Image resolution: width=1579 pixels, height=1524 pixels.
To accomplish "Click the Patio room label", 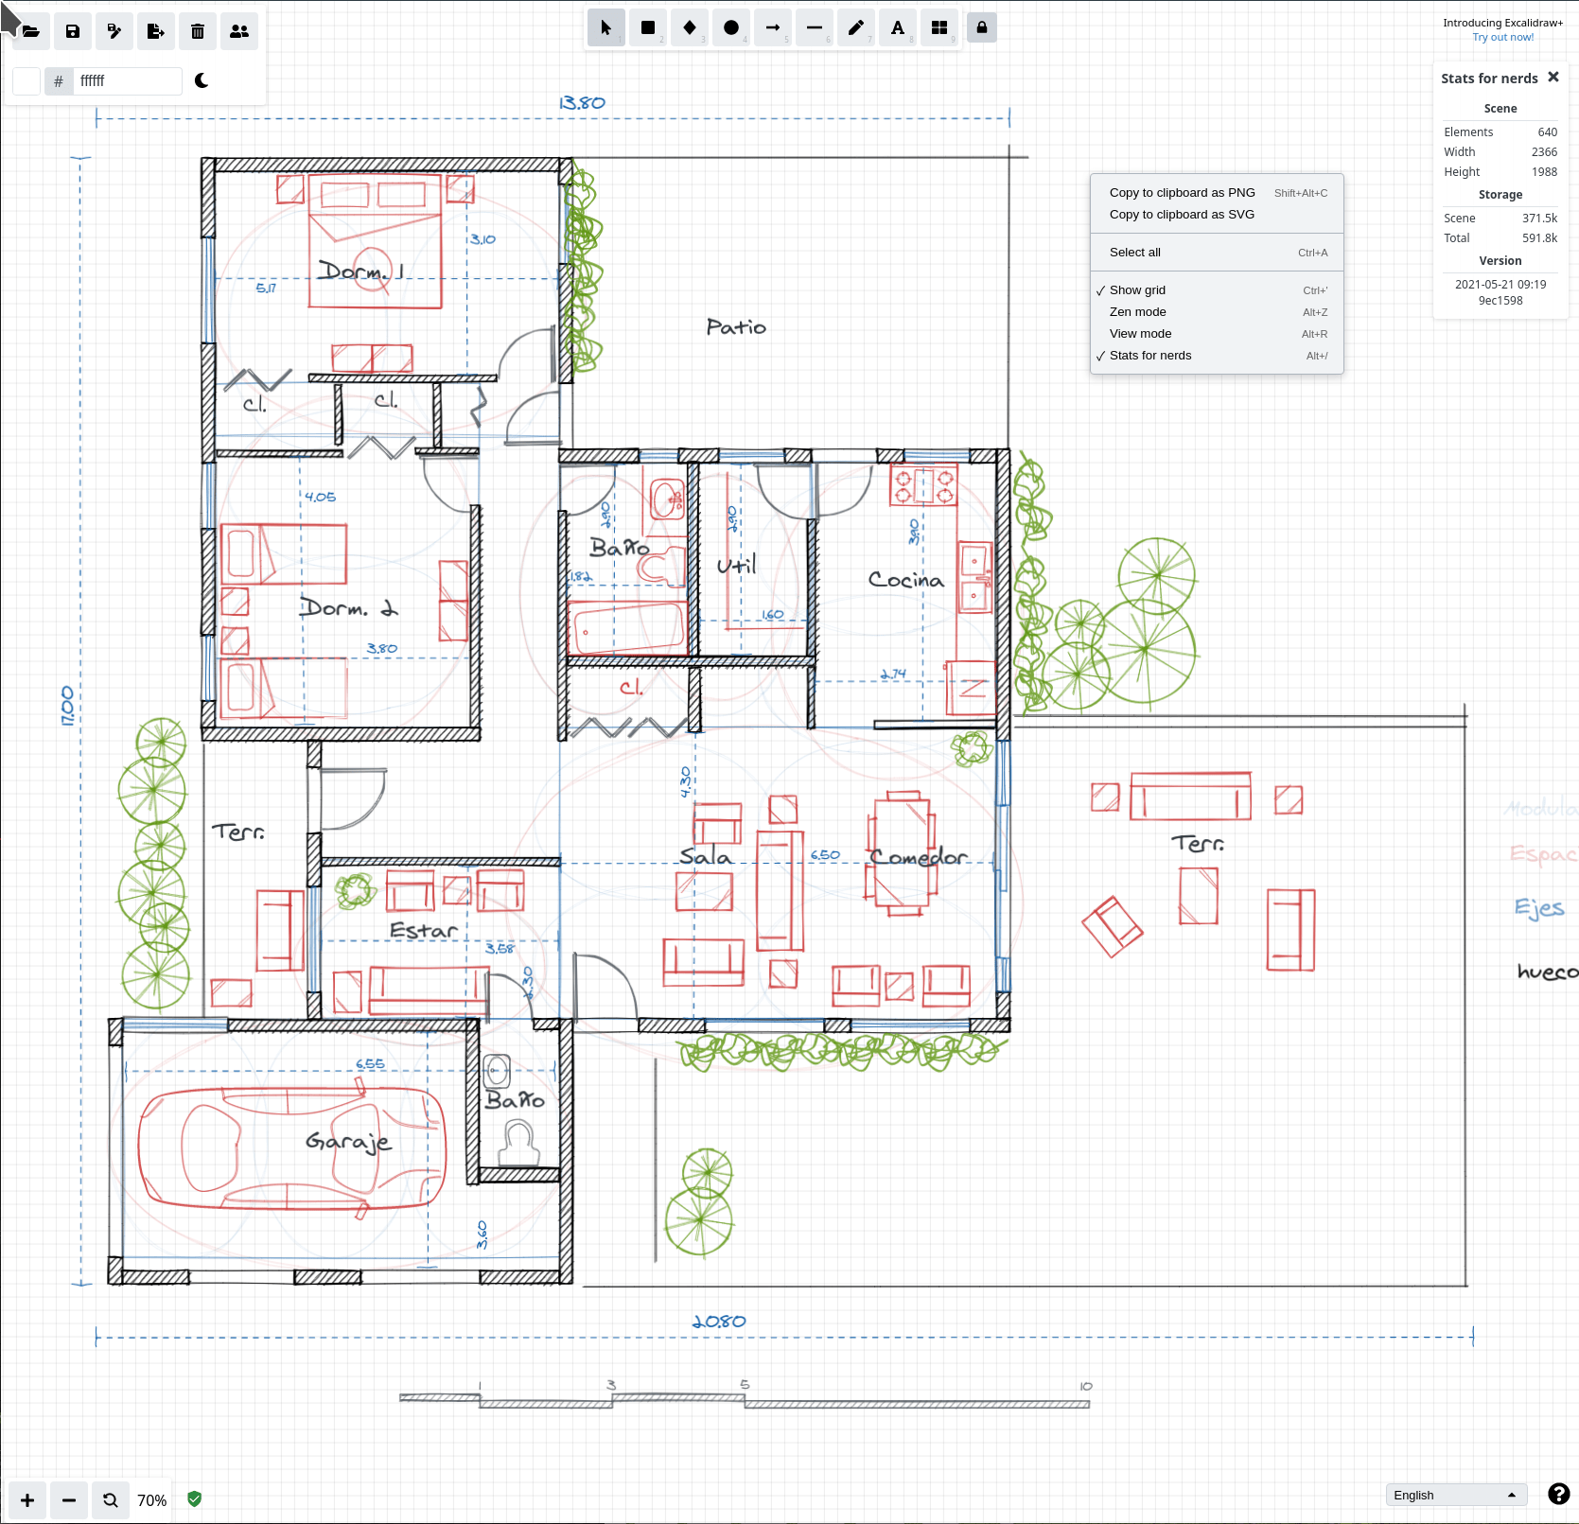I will coord(736,327).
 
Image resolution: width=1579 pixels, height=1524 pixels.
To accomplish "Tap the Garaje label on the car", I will coord(348,1142).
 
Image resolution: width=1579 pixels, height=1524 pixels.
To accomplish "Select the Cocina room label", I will coord(905,580).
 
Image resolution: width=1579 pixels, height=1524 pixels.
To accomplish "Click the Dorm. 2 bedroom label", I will coord(348,608).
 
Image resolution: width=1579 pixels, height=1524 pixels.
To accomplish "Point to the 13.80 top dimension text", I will coord(581,102).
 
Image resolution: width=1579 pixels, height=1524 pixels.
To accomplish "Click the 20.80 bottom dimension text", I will coord(719,1322).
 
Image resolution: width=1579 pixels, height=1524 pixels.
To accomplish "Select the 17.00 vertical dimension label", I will coord(67,706).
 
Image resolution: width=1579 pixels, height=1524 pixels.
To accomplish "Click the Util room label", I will coord(736,566).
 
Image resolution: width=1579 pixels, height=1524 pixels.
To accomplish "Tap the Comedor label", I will coord(918,857).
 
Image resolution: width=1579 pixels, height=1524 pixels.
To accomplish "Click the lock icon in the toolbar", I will coord(981,27).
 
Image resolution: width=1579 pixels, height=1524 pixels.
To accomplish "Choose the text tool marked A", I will coord(897,27).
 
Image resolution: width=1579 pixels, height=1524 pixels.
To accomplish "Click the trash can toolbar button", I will coord(198,31).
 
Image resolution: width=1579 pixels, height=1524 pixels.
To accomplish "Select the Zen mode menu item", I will coord(1137,312).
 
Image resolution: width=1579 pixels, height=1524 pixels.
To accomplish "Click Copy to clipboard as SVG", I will coord(1182,215).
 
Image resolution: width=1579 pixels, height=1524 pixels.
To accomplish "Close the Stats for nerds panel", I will coord(1553,78).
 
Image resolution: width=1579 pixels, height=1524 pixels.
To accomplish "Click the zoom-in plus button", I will coord(27,1500).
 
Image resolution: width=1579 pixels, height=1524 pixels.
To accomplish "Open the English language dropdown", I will coord(1455,1495).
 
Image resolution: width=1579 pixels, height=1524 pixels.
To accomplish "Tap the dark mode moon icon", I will coord(202,80).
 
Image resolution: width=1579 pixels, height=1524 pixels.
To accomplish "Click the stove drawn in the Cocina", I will coord(923,486).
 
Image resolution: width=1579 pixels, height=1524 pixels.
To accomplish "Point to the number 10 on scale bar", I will coord(1085,1386).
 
